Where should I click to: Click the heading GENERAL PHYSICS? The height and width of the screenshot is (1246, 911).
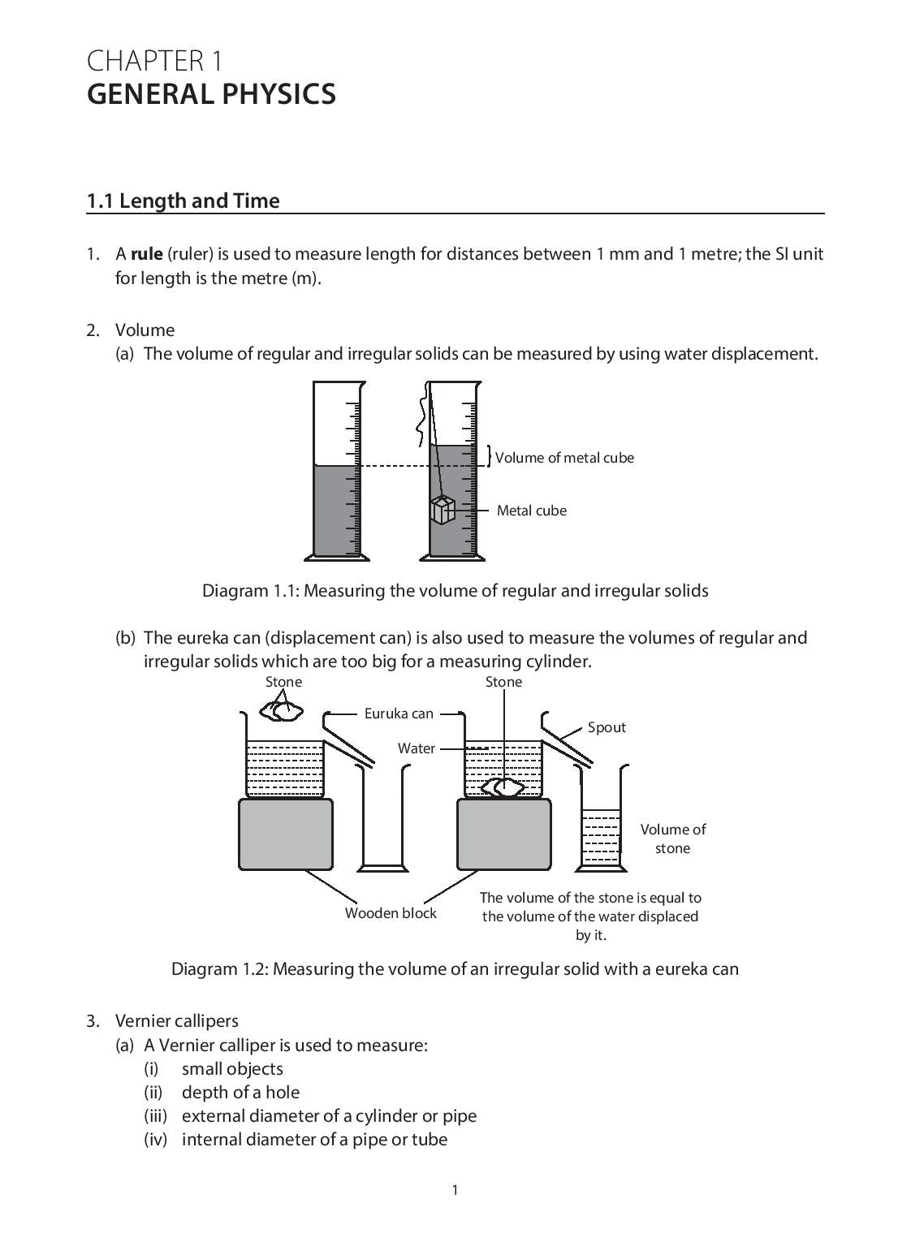pyautogui.click(x=211, y=94)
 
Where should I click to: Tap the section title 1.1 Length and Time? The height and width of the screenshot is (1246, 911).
pyautogui.click(x=183, y=200)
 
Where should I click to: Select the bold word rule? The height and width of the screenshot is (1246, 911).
pyautogui.click(x=147, y=254)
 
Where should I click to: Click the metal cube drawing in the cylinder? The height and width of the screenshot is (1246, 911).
pyautogui.click(x=443, y=511)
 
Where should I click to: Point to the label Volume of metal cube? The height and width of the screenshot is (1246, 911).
pyautogui.click(x=564, y=458)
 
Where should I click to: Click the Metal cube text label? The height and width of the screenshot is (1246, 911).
pyautogui.click(x=532, y=511)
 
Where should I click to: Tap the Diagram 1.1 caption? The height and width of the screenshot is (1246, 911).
pyautogui.click(x=455, y=590)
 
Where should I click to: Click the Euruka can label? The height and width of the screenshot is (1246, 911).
pyautogui.click(x=399, y=714)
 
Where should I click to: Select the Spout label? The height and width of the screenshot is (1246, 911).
pyautogui.click(x=607, y=727)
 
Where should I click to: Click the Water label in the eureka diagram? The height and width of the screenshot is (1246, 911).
pyautogui.click(x=416, y=748)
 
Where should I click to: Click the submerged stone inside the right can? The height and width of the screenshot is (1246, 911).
pyautogui.click(x=503, y=787)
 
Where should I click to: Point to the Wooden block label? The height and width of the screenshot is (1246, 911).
pyautogui.click(x=391, y=913)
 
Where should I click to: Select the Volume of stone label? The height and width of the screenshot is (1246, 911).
pyautogui.click(x=672, y=839)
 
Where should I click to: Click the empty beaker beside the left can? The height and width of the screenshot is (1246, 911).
pyautogui.click(x=382, y=820)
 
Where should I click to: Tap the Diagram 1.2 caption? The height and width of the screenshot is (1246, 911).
pyautogui.click(x=455, y=968)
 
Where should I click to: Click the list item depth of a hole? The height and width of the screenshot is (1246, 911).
pyautogui.click(x=240, y=1092)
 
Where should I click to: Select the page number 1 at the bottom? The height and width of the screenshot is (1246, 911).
pyautogui.click(x=455, y=1190)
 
